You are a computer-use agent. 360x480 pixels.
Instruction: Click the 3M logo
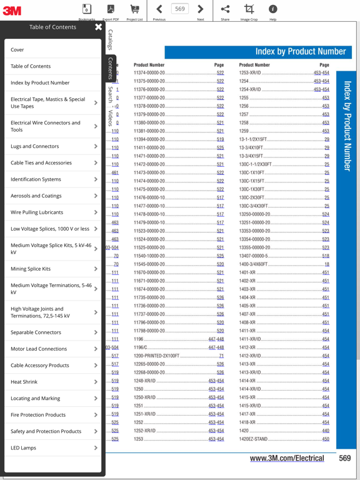12,9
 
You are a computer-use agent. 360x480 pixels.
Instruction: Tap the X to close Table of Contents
98,27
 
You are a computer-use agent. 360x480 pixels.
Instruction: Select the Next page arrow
200,9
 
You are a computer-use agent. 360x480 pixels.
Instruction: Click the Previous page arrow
159,9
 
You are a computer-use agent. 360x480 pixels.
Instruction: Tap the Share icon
225,9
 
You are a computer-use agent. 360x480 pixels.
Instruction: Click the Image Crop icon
249,9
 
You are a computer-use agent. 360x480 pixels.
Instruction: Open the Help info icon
272,9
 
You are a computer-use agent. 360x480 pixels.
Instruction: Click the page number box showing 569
180,9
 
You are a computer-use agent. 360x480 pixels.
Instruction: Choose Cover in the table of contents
17,49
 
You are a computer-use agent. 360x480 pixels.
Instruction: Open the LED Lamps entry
24,448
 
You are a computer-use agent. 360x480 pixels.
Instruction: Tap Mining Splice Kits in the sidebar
31,269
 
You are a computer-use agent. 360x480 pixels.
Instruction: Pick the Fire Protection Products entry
38,415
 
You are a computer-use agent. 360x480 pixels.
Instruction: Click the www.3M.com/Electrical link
287,458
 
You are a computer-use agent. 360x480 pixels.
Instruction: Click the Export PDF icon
111,9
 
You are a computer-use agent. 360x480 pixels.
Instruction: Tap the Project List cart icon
134,9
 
